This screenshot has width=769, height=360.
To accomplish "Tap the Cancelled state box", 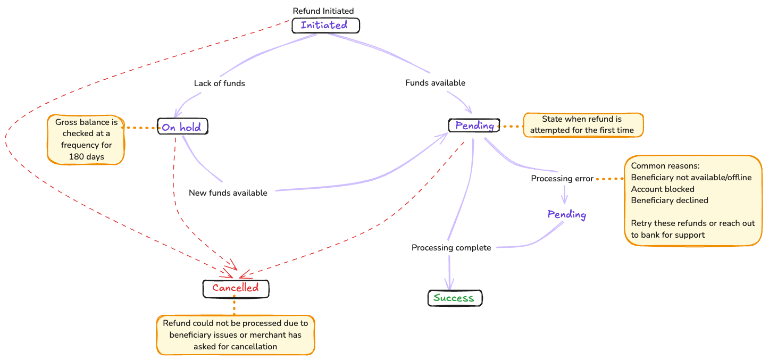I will point(236,288).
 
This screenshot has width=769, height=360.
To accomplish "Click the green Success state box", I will point(454,298).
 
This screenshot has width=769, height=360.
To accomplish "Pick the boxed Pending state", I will point(474,125).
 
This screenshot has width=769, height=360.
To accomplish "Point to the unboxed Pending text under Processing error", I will point(567,215).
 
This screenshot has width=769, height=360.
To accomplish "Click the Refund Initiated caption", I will point(323,11).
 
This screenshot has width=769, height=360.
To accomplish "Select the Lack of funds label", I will point(219,83).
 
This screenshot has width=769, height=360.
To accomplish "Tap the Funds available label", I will point(435,83).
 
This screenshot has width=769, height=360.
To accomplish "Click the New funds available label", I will point(228,192).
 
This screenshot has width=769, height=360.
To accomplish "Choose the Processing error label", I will point(562,179).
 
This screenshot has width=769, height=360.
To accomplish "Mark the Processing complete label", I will point(452,248).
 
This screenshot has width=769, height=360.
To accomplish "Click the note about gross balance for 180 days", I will point(86,139).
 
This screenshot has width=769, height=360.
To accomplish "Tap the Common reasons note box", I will point(692,200).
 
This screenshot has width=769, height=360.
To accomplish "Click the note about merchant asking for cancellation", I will point(236,335).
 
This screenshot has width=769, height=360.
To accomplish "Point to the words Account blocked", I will point(663,189).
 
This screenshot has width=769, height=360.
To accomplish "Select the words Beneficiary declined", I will point(670,200).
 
